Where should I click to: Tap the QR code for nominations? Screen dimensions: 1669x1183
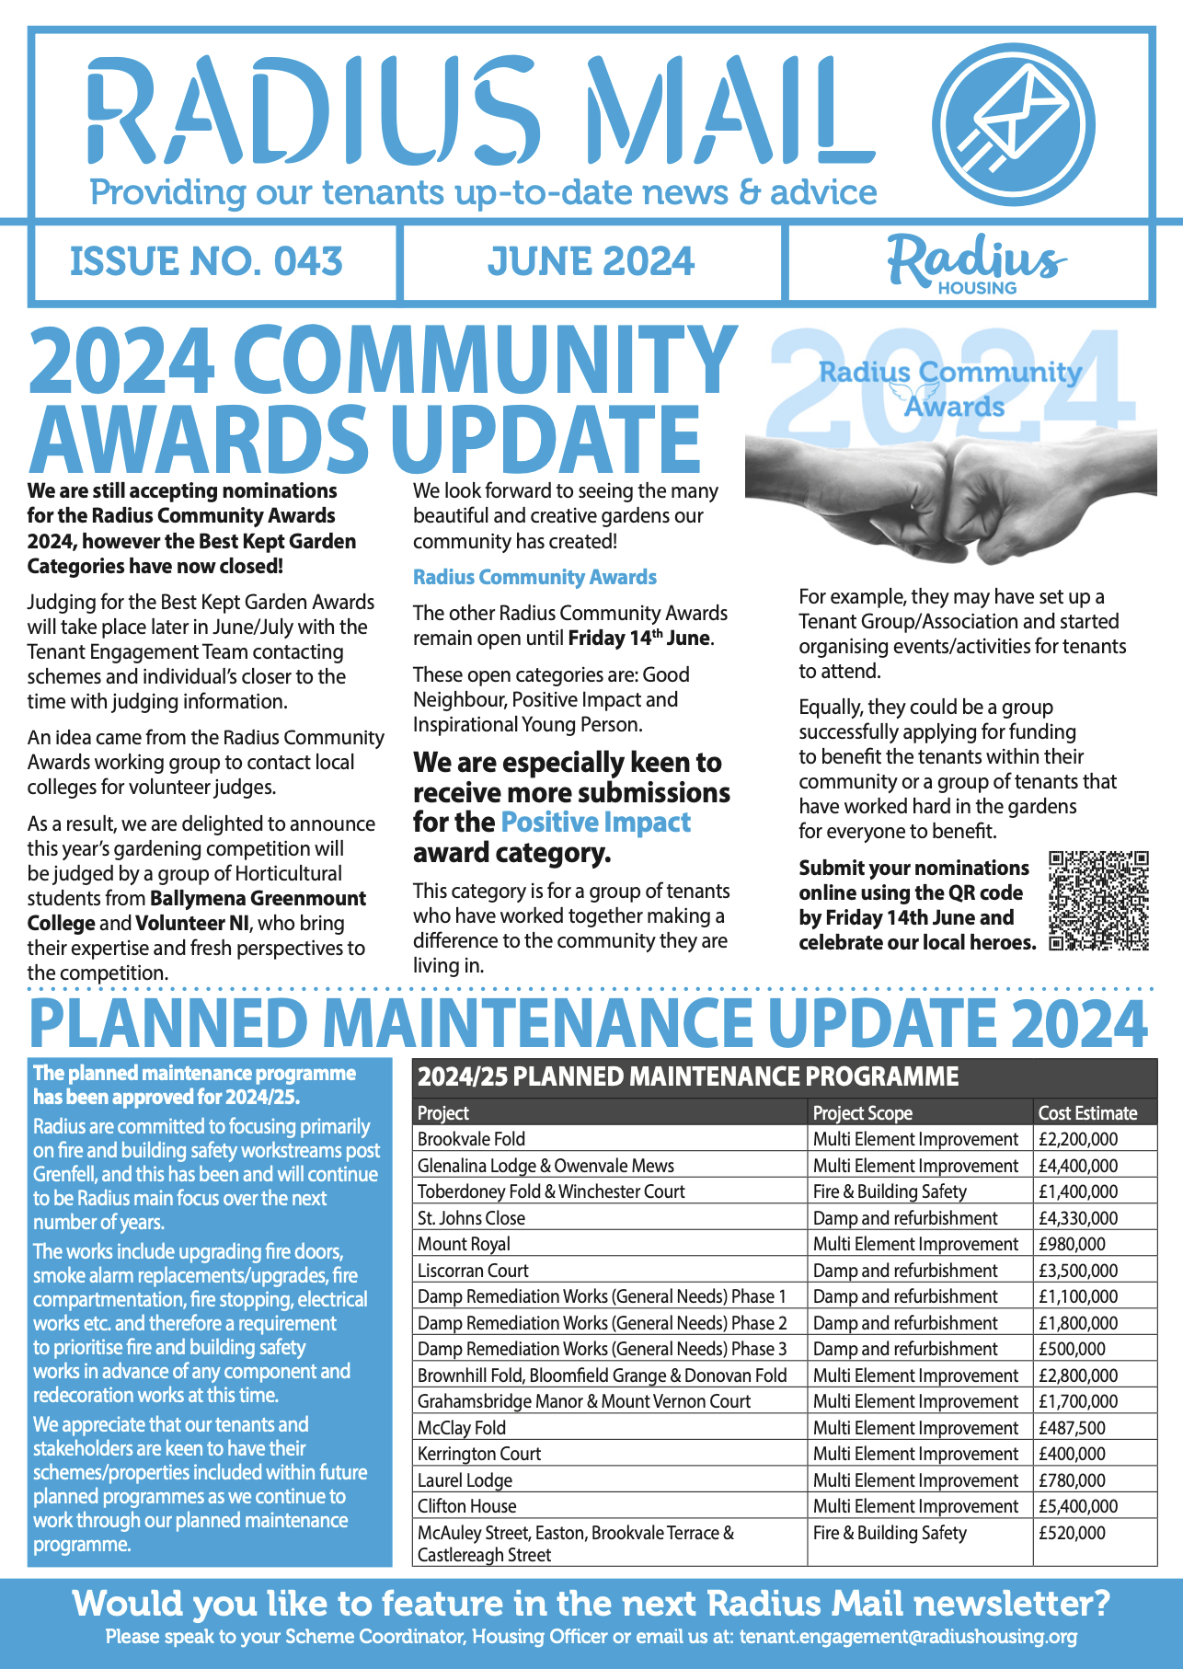click(x=1098, y=901)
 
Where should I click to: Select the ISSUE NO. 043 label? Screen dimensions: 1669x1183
click(x=207, y=261)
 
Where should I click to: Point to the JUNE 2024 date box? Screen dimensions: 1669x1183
click(x=591, y=261)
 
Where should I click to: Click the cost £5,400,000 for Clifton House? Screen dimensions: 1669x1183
click(x=1078, y=1506)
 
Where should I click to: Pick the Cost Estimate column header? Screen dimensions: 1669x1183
click(x=1087, y=1112)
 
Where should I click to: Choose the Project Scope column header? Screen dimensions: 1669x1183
click(x=863, y=1112)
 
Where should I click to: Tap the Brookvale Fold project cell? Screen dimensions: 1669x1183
click(x=471, y=1139)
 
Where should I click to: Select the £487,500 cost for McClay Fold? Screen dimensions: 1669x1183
click(x=1072, y=1428)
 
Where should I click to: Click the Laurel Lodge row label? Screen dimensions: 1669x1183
click(x=465, y=1480)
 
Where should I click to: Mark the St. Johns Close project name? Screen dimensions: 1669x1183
click(x=471, y=1218)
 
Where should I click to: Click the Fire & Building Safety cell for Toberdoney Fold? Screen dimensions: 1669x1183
click(x=890, y=1191)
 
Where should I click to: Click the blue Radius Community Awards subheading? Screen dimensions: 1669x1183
click(x=534, y=578)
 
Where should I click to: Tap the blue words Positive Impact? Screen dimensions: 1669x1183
click(x=595, y=823)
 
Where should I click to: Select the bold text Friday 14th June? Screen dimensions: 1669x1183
click(x=639, y=639)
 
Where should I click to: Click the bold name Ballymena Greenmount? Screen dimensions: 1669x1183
click(x=258, y=899)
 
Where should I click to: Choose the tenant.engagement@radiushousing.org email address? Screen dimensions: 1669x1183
click(x=908, y=1637)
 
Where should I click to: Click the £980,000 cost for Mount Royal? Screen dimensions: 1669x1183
click(x=1072, y=1244)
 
